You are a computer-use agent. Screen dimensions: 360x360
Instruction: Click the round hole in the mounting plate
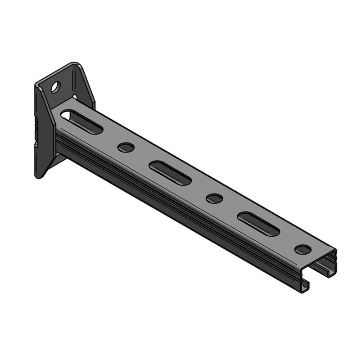coord(56,87)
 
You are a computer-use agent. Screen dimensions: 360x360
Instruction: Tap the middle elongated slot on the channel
coord(170,172)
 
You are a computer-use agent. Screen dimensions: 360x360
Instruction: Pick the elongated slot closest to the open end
coord(258,224)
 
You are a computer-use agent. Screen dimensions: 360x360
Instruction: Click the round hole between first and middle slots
coord(126,147)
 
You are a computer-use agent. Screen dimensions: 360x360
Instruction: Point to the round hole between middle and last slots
coord(214,198)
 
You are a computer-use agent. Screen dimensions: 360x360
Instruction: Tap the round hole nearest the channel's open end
coord(302,249)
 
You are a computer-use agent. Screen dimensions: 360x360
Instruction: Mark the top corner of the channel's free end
coord(335,251)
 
